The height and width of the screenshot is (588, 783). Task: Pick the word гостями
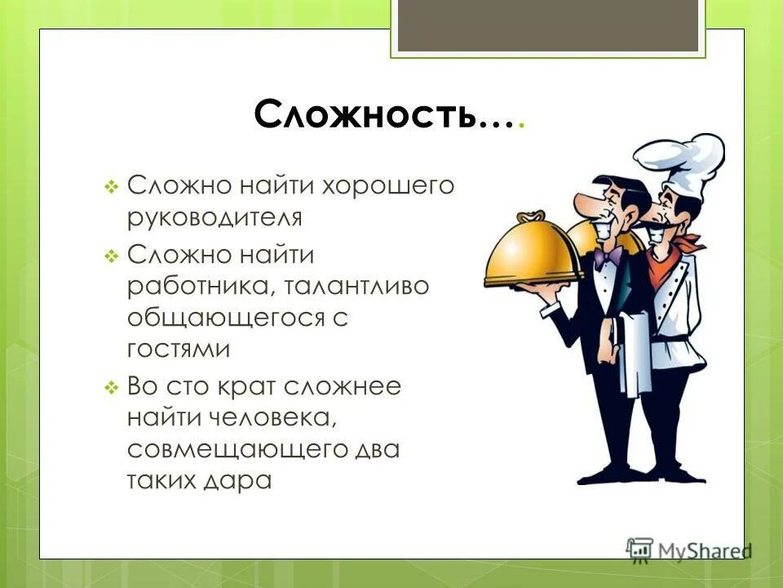click(179, 350)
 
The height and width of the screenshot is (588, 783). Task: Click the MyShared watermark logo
click(689, 548)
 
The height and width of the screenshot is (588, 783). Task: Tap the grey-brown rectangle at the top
click(547, 25)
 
